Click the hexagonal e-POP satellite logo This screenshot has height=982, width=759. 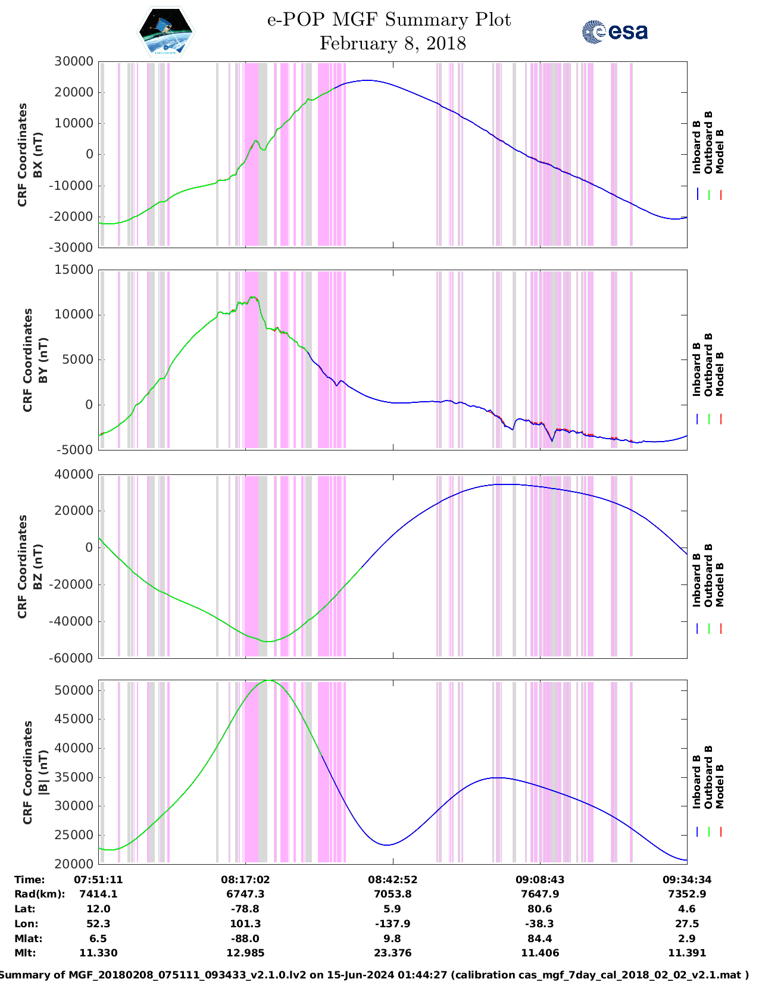tap(165, 32)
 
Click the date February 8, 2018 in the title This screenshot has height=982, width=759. tap(392, 43)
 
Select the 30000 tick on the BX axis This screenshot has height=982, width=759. tap(74, 61)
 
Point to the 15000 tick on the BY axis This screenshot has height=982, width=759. tap(74, 270)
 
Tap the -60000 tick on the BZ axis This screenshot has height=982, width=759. tap(71, 658)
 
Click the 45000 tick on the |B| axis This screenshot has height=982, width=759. tap(74, 719)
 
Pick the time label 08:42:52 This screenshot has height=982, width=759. tap(392, 880)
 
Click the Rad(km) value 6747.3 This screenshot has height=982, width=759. tap(245, 894)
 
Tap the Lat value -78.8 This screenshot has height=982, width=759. tap(245, 909)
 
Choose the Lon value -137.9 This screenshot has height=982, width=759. tap(392, 924)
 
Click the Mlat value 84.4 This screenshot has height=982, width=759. tap(540, 939)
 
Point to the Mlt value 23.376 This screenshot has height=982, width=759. tap(392, 953)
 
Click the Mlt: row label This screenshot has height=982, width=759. tap(25, 953)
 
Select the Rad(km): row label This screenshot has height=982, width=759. tap(40, 894)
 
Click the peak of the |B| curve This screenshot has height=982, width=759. tap(269, 680)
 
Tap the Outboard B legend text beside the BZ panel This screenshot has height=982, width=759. tap(708, 576)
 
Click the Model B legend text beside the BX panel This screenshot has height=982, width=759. tap(720, 151)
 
